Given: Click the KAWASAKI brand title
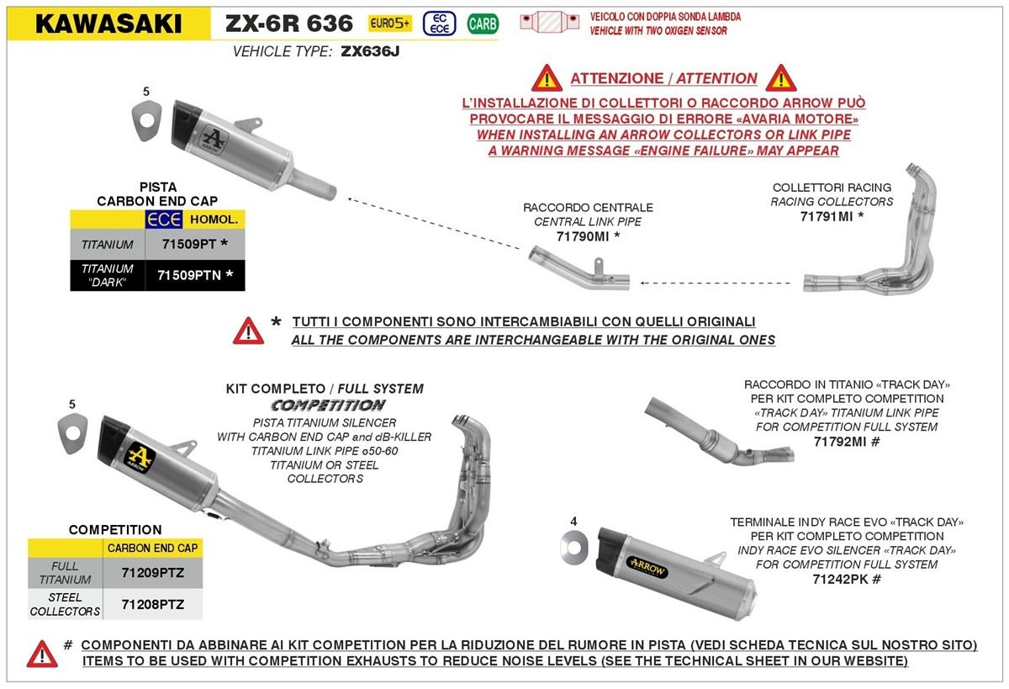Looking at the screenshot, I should tap(108, 24).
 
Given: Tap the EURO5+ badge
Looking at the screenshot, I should tap(389, 24).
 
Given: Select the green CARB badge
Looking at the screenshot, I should tap(483, 24).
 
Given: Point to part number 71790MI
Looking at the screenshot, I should tap(588, 236).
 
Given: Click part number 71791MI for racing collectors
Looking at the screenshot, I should tap(832, 216).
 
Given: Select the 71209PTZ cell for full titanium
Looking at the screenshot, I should tap(152, 573).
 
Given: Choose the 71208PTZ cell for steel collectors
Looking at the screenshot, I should tap(152, 604).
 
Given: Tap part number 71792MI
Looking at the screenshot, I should tap(846, 441).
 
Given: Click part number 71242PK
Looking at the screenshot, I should tap(846, 579).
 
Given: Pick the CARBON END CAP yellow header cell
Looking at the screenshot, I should tap(152, 548).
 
